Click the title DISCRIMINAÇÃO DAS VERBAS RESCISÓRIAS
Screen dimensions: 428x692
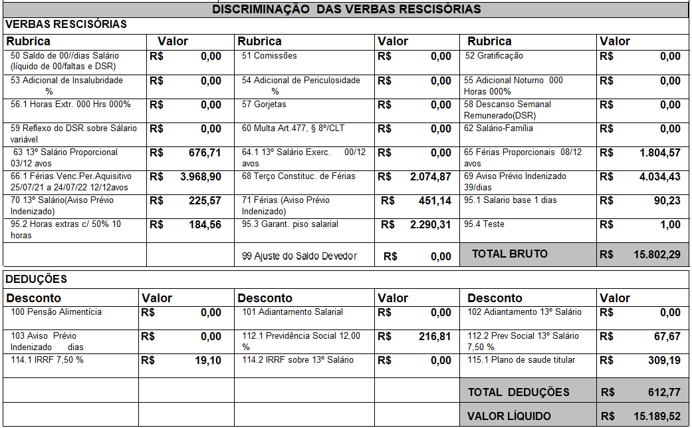point(346,9)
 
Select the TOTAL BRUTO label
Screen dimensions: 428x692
point(510,254)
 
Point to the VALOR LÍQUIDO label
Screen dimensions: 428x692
point(509,416)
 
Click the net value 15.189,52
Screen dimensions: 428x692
point(657,416)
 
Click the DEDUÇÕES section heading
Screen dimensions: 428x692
point(37,279)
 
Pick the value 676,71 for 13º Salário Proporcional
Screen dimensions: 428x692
point(205,153)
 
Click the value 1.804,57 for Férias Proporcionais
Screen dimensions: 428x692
point(659,153)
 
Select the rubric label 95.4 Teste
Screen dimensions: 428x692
point(485,224)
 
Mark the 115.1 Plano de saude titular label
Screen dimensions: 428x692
point(519,360)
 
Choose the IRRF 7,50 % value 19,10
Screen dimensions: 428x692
point(209,361)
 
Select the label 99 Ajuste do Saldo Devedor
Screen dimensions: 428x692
point(299,256)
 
